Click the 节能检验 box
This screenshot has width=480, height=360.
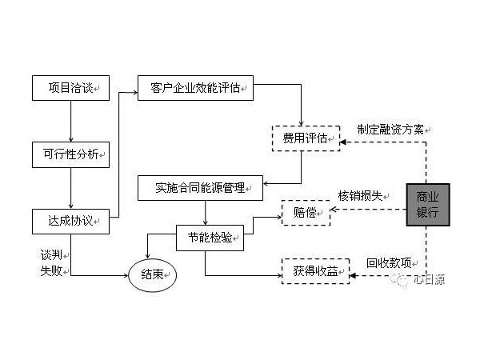click(210, 238)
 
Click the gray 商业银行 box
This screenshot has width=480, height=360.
click(428, 204)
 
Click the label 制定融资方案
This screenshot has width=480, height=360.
click(392, 128)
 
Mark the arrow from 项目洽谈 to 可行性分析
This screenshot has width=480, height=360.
click(71, 121)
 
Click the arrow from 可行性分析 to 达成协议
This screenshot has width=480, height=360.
click(71, 186)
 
